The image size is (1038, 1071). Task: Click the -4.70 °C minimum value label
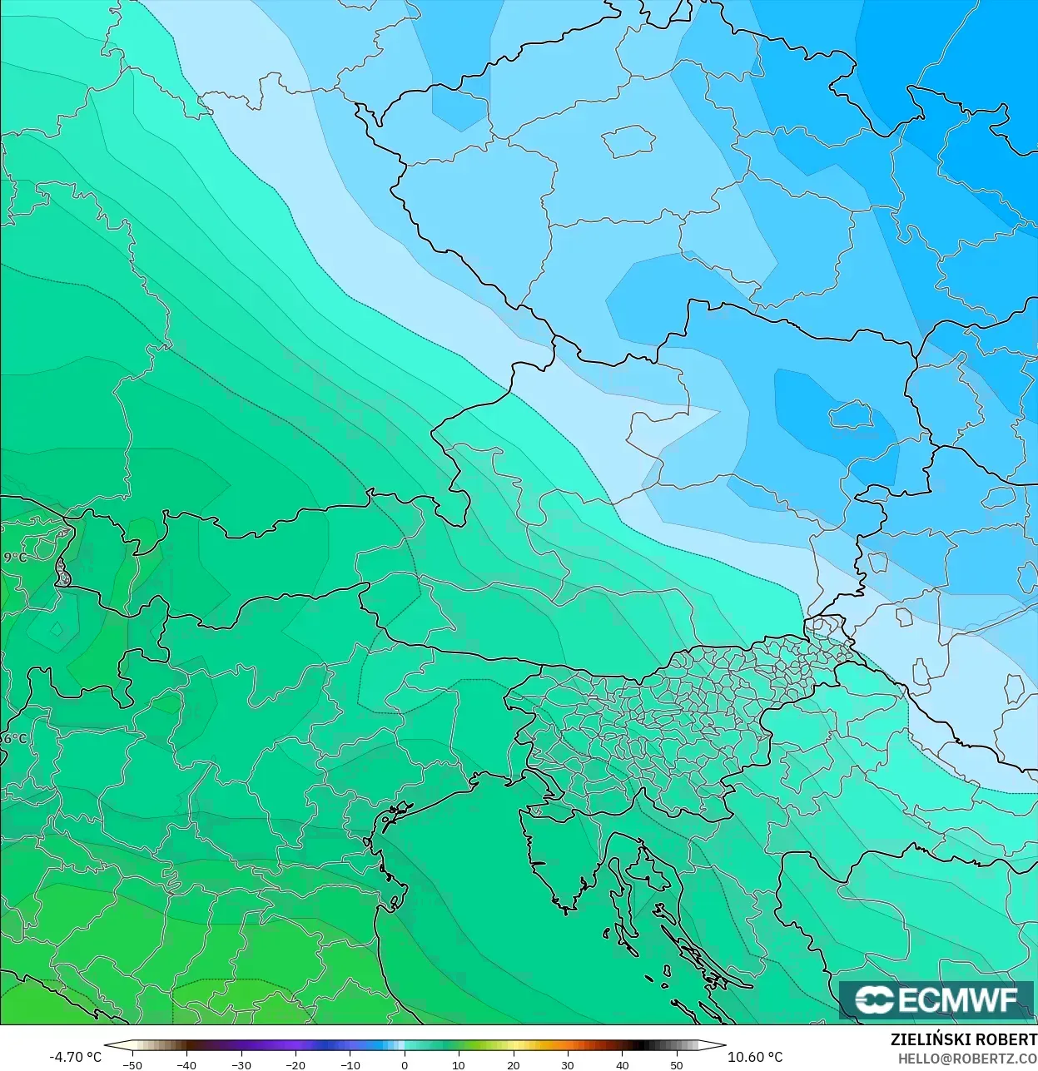(x=75, y=1057)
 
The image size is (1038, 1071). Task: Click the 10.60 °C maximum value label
(x=755, y=1057)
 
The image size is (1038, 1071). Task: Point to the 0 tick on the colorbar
(x=405, y=1064)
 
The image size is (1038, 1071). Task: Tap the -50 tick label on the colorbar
(x=132, y=1065)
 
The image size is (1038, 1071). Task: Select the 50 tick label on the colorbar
(x=677, y=1065)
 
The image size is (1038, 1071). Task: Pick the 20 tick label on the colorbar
(x=514, y=1065)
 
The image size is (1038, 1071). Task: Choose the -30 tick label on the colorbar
(x=241, y=1065)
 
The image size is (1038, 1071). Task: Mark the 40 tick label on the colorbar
(x=623, y=1065)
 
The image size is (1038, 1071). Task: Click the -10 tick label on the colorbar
(x=350, y=1065)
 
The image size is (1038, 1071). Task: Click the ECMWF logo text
(x=957, y=999)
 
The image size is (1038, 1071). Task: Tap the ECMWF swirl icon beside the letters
(x=874, y=999)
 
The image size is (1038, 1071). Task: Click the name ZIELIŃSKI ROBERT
(x=963, y=1039)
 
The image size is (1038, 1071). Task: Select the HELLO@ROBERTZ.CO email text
(x=967, y=1058)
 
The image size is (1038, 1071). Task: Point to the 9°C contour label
(x=14, y=557)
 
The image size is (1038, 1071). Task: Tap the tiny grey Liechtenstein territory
(x=62, y=573)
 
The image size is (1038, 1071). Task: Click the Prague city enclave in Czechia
(x=628, y=141)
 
